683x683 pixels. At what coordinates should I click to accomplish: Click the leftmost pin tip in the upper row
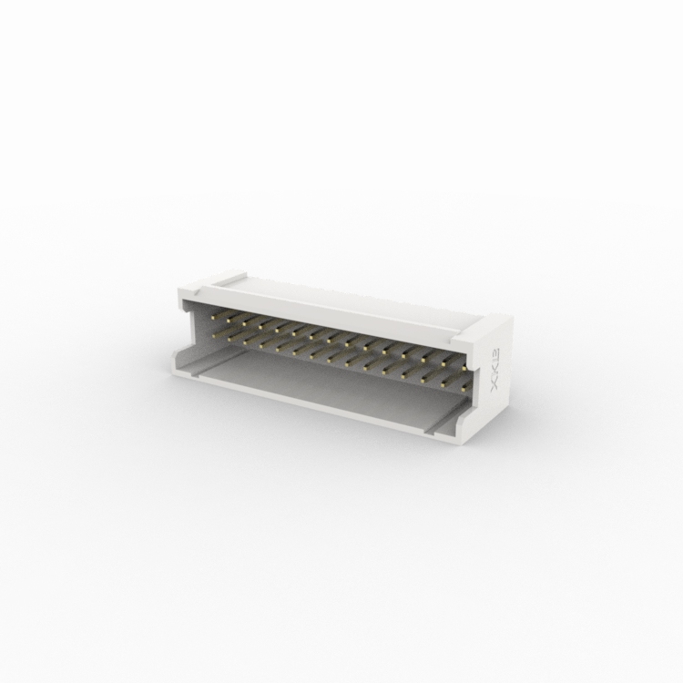point(212,316)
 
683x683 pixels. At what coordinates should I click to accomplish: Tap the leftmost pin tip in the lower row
point(213,334)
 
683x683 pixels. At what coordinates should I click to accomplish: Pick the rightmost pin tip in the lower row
point(464,389)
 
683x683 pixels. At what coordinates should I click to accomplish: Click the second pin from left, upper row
point(229,320)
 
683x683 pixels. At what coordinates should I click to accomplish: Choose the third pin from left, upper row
point(244,322)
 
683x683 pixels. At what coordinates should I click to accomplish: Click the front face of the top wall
point(328,311)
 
